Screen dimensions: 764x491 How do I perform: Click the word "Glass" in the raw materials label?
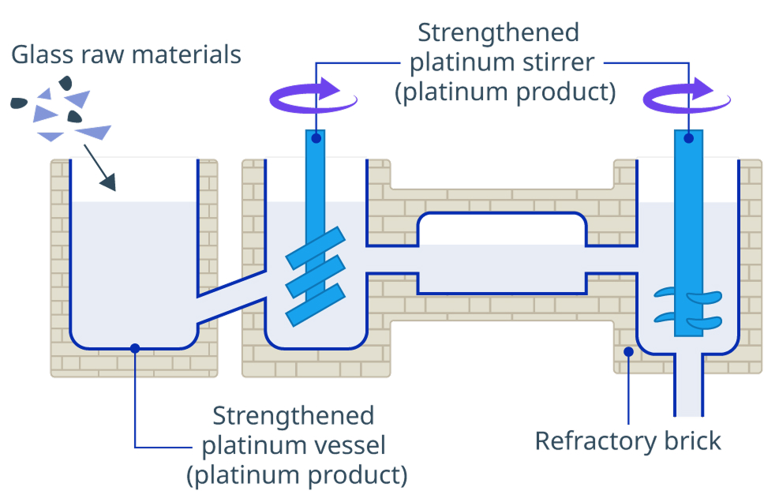pyautogui.click(x=41, y=54)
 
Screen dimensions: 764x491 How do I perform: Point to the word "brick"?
pyautogui.click(x=692, y=440)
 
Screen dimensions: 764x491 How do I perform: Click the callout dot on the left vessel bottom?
pyautogui.click(x=135, y=348)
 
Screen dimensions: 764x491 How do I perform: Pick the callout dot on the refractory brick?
pyautogui.click(x=628, y=351)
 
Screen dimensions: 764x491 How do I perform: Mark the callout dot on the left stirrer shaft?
pyautogui.click(x=316, y=138)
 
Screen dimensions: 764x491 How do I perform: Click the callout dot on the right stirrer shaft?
pyautogui.click(x=688, y=138)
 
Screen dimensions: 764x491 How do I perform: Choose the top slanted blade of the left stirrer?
pyautogui.click(x=315, y=248)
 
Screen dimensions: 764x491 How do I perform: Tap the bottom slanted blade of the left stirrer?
pyautogui.click(x=315, y=305)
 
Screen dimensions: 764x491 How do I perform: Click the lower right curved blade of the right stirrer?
pyautogui.click(x=705, y=322)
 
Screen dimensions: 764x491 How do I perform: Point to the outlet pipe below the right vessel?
pyautogui.click(x=689, y=384)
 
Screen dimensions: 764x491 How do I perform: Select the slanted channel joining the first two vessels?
pyautogui.click(x=231, y=297)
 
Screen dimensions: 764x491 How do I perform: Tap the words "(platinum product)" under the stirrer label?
pyautogui.click(x=505, y=92)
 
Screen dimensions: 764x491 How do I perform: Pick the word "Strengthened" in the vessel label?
pyautogui.click(x=294, y=416)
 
